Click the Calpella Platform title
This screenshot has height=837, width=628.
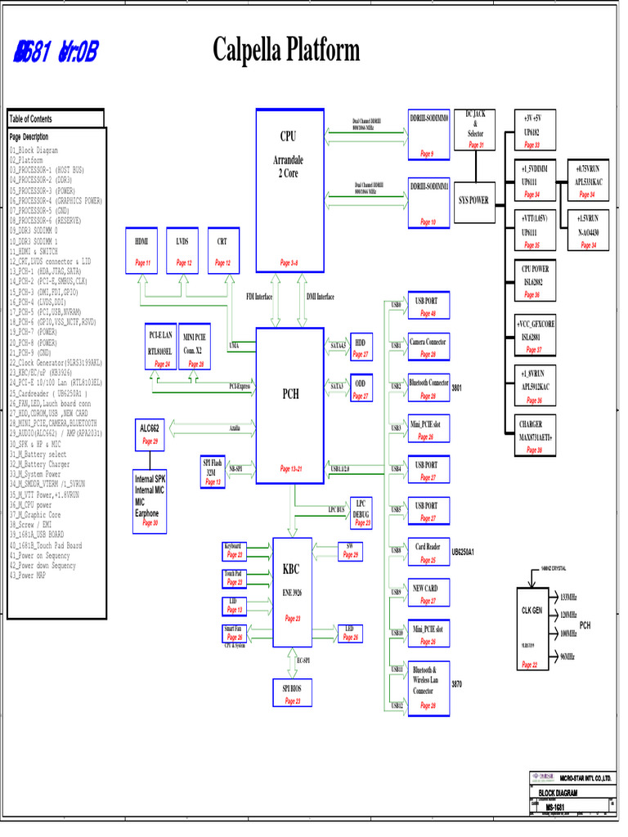pos(285,51)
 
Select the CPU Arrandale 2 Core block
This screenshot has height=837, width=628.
pos(289,189)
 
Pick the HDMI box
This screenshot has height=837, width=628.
pos(142,252)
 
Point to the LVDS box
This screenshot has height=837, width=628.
pos(182,252)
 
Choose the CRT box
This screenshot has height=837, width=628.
pos(222,252)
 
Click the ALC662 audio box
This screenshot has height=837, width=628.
pos(150,434)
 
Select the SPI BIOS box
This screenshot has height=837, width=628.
pos(292,694)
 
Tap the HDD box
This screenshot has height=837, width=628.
pos(361,347)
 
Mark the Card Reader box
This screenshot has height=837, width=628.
pos(428,553)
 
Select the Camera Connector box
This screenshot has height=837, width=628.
pos(428,347)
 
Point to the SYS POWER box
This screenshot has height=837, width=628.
pos(473,199)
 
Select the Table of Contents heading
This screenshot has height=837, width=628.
pos(56,119)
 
